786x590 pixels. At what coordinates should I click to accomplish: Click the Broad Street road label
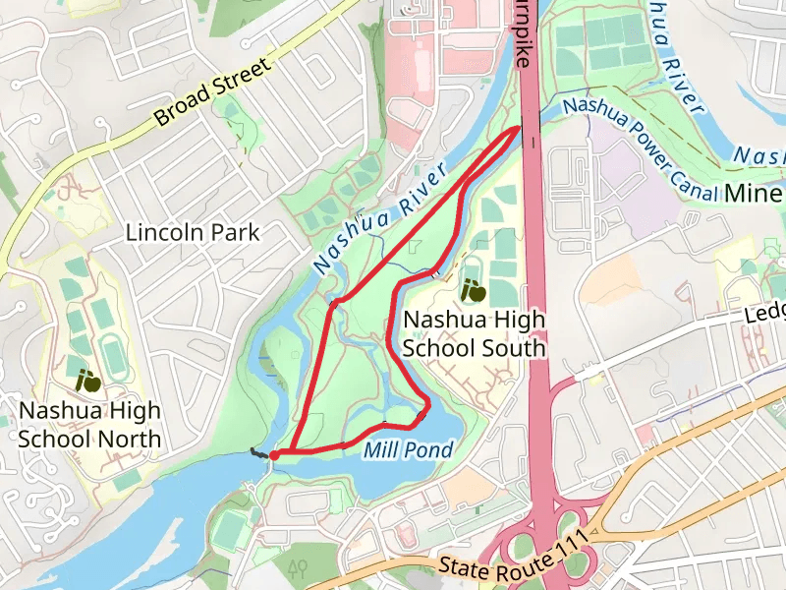point(212,94)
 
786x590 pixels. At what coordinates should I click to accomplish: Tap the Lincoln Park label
point(193,233)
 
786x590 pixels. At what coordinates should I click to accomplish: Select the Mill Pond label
point(408,450)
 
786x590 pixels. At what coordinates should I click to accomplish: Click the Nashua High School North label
point(89,425)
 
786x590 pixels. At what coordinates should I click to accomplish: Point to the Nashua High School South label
point(475,334)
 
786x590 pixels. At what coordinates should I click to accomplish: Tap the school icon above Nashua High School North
point(88,379)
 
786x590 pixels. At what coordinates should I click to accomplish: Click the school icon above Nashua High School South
point(474,290)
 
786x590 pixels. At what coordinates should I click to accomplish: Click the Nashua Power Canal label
point(639,147)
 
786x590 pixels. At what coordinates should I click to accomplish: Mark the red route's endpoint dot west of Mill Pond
point(274,454)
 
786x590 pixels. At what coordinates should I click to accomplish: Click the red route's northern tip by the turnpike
point(519,129)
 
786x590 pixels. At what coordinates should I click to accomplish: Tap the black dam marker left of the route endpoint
point(258,453)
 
